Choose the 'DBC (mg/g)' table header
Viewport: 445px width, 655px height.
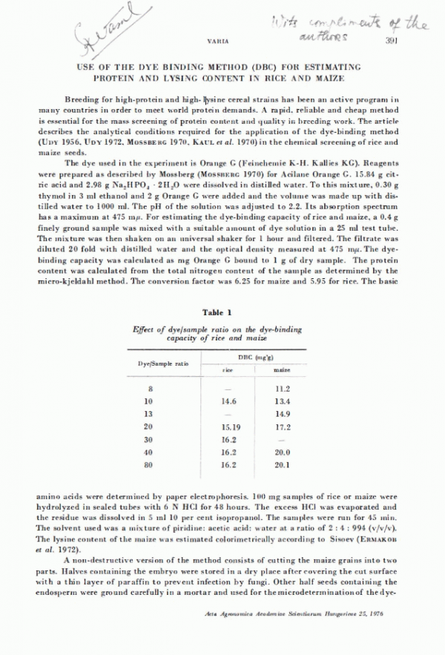(260, 357)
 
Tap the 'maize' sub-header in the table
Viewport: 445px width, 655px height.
(282, 368)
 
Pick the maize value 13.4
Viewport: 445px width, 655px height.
(282, 401)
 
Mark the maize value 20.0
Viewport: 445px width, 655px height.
(282, 452)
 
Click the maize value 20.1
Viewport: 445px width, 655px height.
(282, 465)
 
